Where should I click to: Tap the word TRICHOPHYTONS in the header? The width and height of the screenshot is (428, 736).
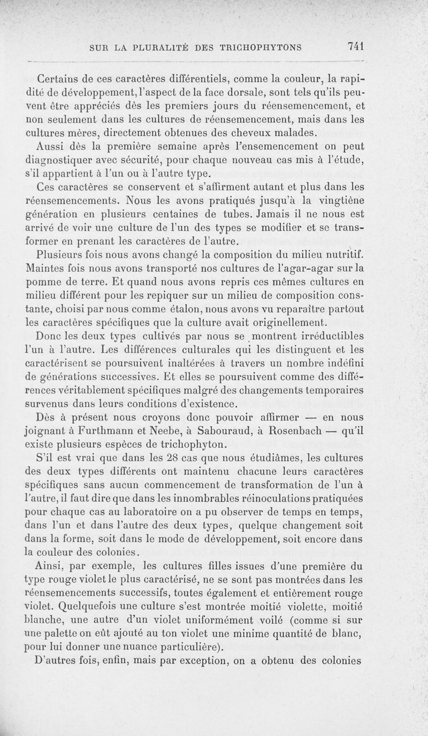pos(259,47)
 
